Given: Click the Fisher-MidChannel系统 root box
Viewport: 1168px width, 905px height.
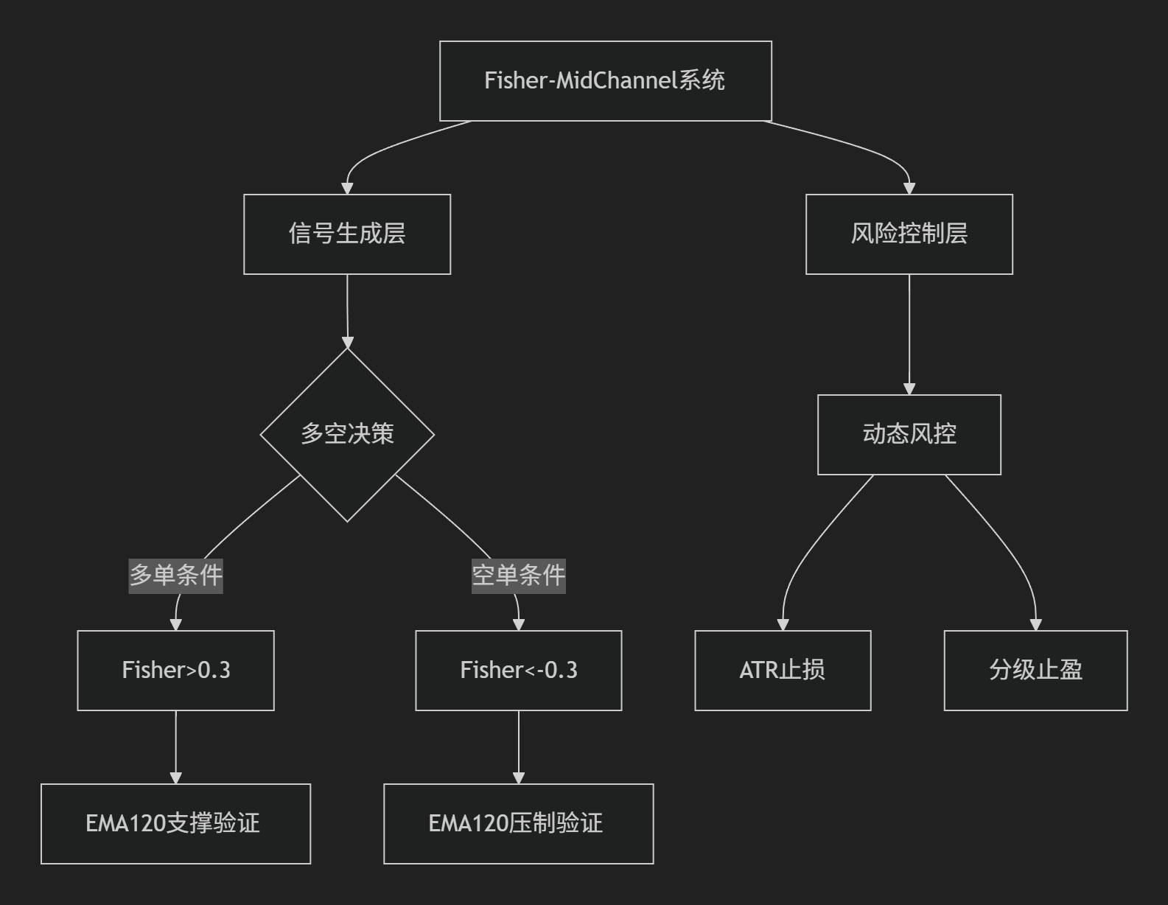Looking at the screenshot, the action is coord(606,81).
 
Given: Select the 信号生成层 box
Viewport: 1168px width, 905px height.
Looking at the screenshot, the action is coord(347,234).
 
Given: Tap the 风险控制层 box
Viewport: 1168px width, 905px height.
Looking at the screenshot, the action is coord(909,234).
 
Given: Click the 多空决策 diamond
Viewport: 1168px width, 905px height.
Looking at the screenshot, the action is coord(347,435).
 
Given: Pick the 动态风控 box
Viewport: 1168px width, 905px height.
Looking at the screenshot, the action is coord(909,435).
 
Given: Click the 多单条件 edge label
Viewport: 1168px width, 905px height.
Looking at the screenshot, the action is coord(176,576).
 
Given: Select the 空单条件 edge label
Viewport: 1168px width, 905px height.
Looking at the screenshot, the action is coord(519,576).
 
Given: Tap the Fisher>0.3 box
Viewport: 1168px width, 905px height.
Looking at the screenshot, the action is coord(176,671).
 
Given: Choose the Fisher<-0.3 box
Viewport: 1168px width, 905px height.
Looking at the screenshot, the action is coord(519,671).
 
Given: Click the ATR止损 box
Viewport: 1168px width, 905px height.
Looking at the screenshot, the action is coord(783,671).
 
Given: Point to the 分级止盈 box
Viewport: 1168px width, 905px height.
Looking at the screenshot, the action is coord(1036,671).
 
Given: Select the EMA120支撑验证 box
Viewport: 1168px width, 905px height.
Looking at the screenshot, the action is coord(176,824).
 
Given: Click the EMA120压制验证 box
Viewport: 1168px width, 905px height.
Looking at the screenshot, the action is coord(519,824).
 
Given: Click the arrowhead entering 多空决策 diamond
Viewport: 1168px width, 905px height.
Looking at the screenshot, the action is coord(348,343).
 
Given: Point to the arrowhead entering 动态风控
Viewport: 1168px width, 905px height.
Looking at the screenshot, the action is coord(909,389).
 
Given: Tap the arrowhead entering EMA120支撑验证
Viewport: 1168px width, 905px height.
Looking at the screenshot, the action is coord(176,778).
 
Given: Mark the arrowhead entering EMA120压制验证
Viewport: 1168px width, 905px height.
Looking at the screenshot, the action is coord(519,778).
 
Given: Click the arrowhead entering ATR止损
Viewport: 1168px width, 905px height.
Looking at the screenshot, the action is coord(783,625).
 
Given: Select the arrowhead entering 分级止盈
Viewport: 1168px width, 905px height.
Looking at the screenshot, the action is coord(1036,625).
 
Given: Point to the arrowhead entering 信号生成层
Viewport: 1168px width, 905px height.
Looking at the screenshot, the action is coord(347,189).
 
